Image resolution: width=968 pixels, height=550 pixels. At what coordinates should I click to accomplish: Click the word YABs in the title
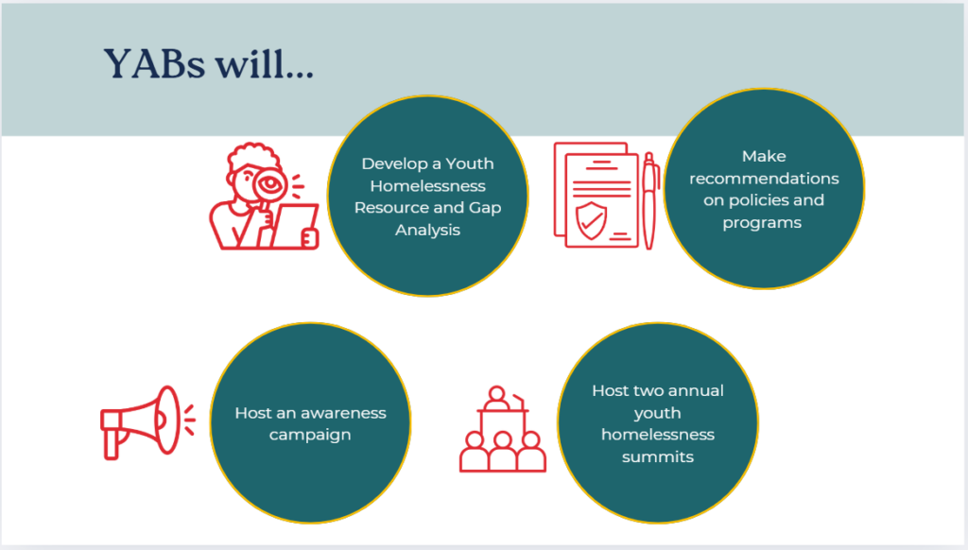click(x=154, y=63)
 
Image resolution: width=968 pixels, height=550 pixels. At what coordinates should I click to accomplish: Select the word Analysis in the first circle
click(x=428, y=231)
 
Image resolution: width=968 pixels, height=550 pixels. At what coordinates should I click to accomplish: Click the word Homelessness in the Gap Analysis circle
click(x=428, y=186)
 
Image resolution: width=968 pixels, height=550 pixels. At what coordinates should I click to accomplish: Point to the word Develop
click(x=392, y=164)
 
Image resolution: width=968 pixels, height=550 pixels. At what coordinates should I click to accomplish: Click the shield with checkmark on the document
click(x=591, y=220)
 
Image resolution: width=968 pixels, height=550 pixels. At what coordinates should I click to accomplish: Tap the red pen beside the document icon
click(x=649, y=200)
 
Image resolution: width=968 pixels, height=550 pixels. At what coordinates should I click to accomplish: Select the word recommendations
click(x=764, y=179)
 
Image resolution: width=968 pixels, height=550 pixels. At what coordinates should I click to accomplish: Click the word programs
click(x=762, y=223)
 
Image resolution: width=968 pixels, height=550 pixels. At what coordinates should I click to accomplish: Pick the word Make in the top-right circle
click(x=764, y=156)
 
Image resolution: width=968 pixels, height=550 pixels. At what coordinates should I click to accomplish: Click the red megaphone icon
click(x=147, y=422)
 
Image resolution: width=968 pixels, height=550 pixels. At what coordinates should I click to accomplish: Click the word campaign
click(x=310, y=436)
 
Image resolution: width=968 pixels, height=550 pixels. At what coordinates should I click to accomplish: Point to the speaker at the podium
click(x=497, y=399)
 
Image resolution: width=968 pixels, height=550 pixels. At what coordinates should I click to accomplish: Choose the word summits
click(x=658, y=456)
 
